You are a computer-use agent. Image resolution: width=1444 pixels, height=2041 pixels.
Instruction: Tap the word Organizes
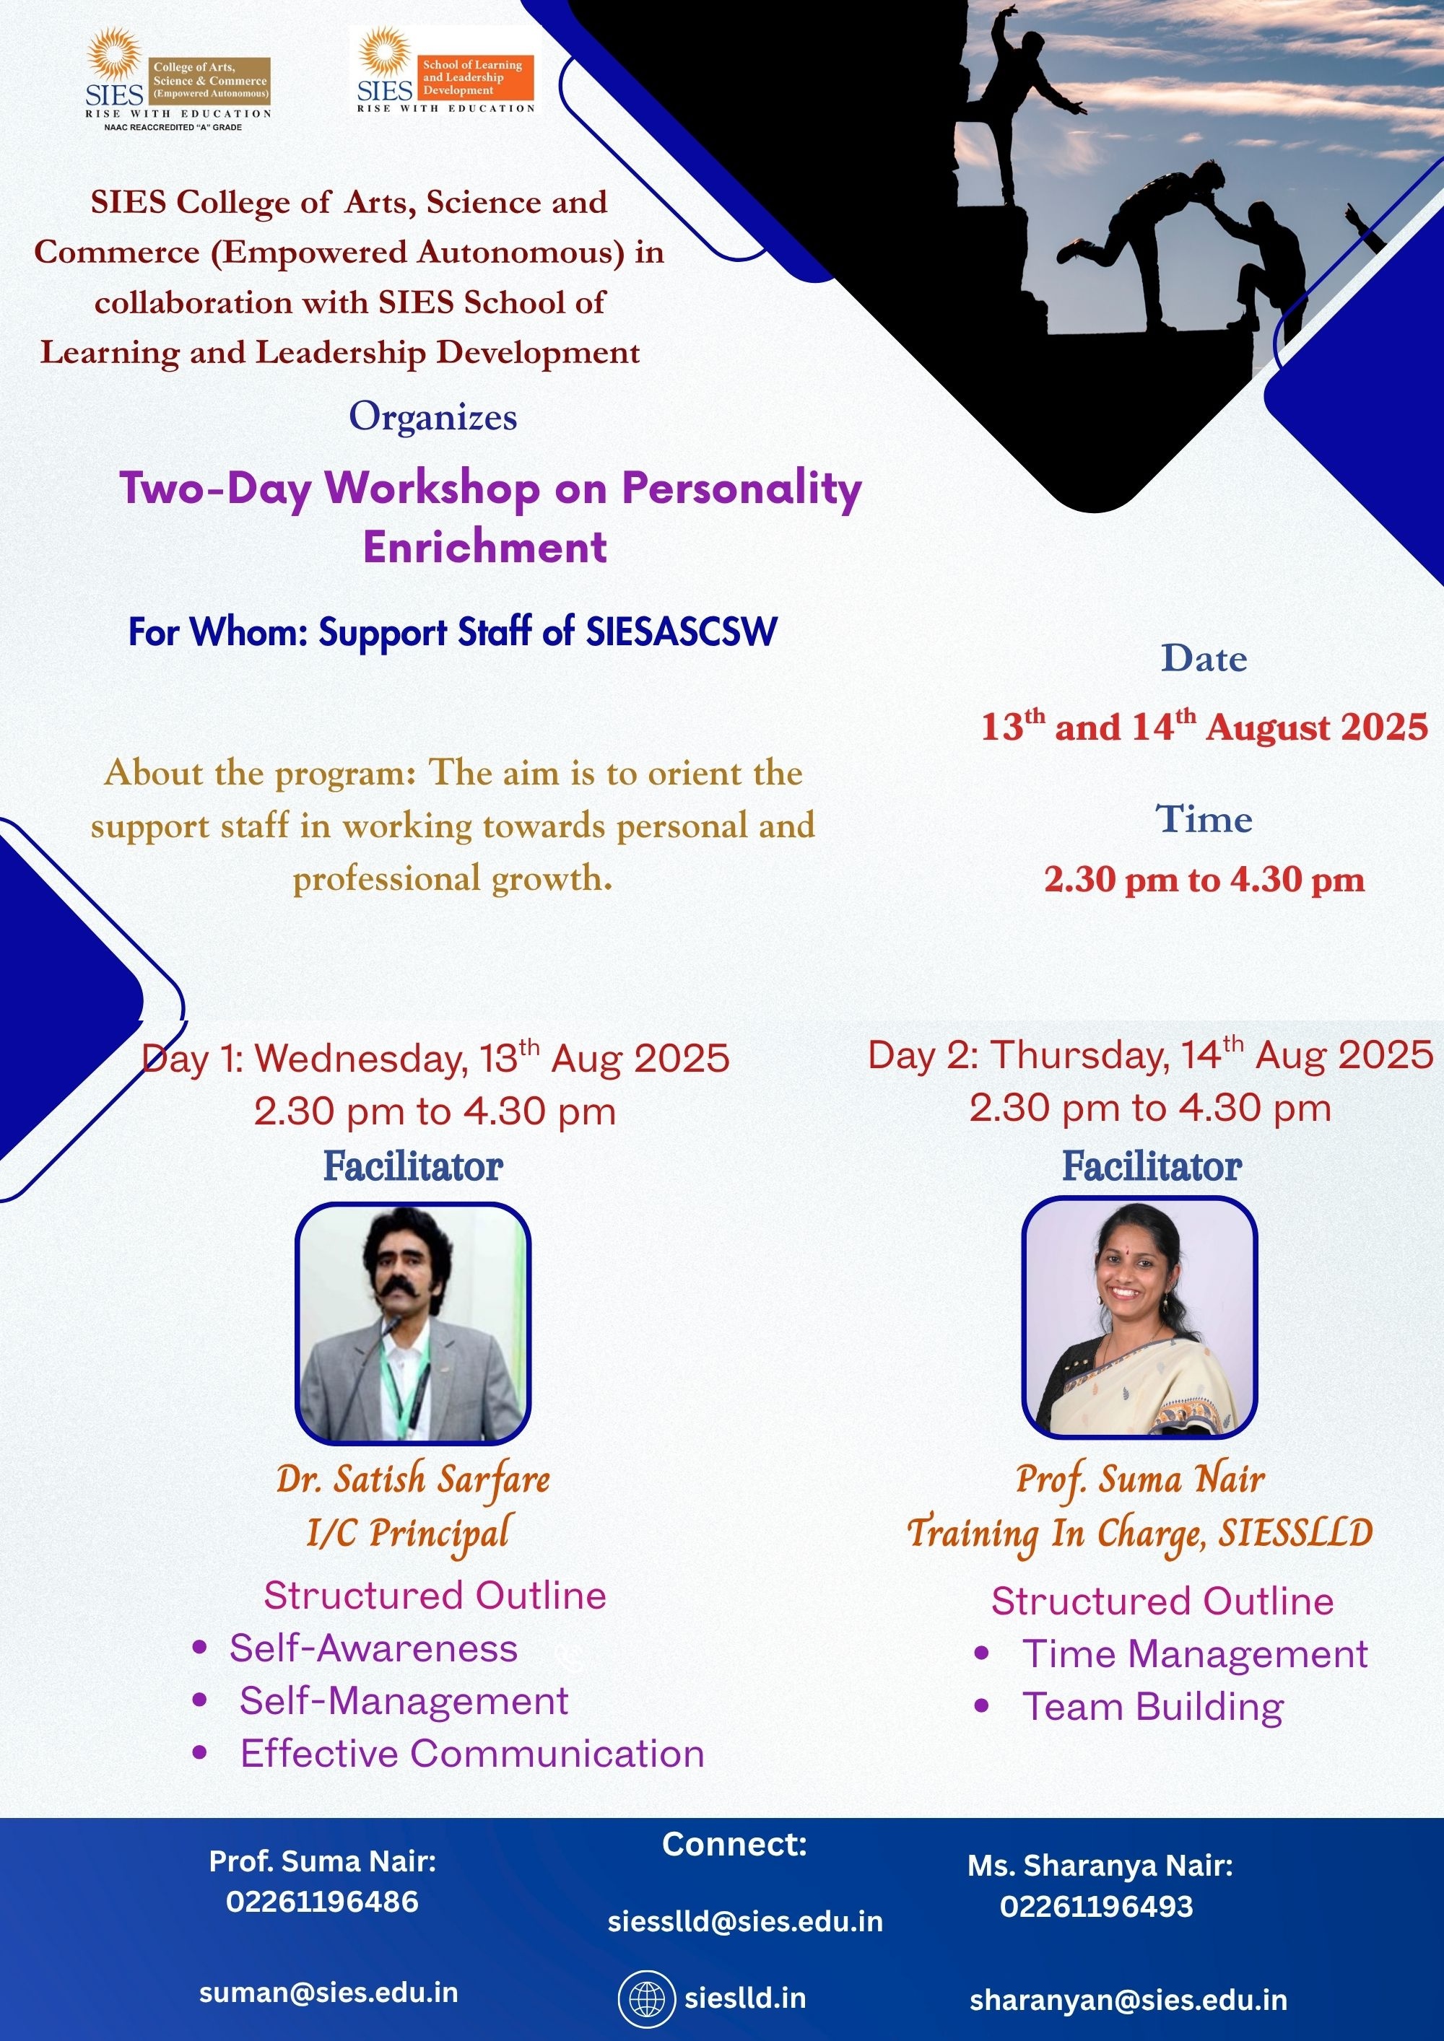pos(433,417)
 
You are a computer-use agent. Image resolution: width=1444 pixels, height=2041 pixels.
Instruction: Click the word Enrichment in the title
pos(484,546)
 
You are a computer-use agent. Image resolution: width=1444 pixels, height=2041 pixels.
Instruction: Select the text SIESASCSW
pos(681,631)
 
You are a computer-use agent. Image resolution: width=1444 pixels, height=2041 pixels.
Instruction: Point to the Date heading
pos(1204,659)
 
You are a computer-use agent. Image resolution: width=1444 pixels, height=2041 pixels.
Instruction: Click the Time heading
pos(1204,818)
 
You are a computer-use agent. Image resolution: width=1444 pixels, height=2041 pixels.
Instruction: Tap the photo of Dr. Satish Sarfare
pos(412,1323)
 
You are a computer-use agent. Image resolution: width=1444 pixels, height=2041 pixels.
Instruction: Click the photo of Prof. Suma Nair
pos(1139,1317)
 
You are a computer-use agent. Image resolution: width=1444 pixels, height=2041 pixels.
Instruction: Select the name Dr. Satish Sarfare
pos(414,1480)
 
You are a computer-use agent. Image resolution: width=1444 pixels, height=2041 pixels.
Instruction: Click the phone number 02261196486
pos(322,1902)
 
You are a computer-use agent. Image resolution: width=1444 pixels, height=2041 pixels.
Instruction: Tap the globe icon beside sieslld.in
pos(642,1999)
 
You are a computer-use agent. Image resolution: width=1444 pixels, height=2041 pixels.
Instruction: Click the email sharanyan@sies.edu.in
pos(1128,2000)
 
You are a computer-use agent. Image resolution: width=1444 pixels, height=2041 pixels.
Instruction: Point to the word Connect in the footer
pos(734,1845)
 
